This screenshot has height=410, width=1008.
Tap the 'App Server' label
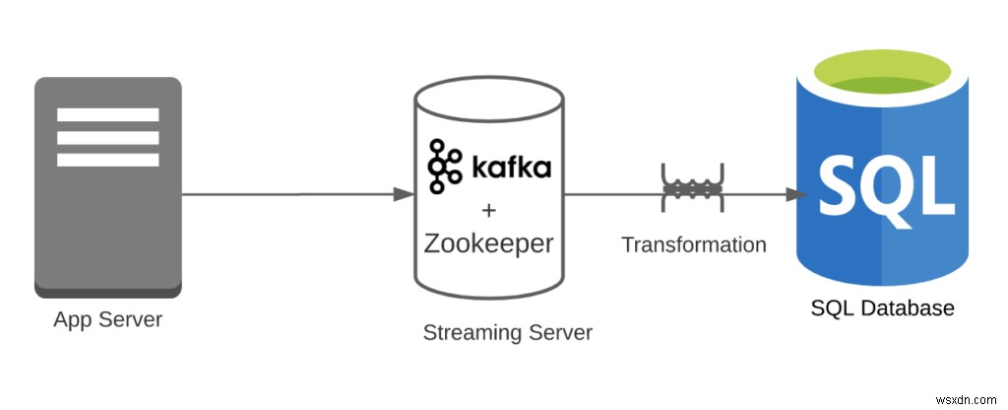pyautogui.click(x=108, y=319)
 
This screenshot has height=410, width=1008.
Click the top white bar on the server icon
pyautogui.click(x=108, y=114)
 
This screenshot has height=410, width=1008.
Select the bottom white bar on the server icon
pyautogui.click(x=108, y=159)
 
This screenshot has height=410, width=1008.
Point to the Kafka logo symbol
pyautogui.click(x=444, y=166)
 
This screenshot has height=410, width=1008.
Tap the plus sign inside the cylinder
pyautogui.click(x=487, y=210)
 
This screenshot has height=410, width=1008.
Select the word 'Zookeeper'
pyautogui.click(x=488, y=242)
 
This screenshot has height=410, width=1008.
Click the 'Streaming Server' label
pyautogui.click(x=508, y=332)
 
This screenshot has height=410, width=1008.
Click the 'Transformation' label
pyautogui.click(x=694, y=244)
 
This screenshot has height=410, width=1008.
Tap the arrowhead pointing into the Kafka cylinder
pyautogui.click(x=403, y=194)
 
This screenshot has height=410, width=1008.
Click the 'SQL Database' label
pyautogui.click(x=883, y=307)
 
